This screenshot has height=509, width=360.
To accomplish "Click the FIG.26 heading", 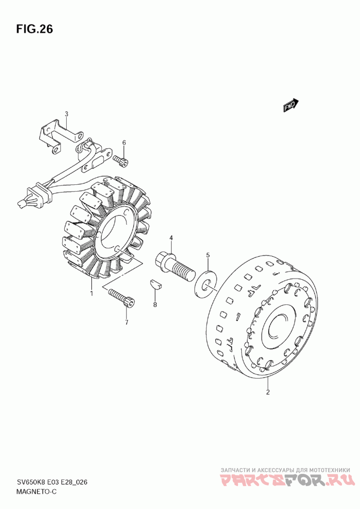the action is pos(34,29).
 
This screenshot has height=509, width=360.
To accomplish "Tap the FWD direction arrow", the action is pos(290,105).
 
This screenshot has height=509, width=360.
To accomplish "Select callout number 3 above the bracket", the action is pos(66,114).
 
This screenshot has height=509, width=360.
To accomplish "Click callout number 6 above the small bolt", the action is pos(124,143).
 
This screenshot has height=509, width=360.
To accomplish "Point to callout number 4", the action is pos(171,238).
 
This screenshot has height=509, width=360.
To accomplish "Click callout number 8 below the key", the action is pos(155,304).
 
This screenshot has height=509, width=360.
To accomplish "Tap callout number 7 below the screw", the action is pos(127,322).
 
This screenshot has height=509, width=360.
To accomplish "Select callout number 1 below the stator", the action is pos(92,294).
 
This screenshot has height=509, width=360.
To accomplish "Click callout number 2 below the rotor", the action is pos(268,392).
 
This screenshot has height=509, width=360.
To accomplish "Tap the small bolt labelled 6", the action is pos(121,161).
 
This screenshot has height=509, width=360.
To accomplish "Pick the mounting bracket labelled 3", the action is pos(61,136).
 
